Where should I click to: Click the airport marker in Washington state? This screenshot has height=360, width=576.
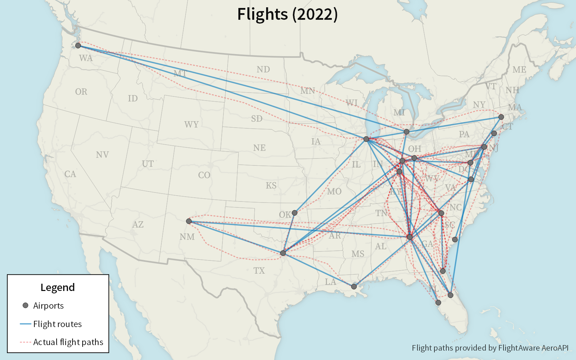[x=78, y=45]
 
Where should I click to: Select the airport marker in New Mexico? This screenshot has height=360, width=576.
[x=189, y=221]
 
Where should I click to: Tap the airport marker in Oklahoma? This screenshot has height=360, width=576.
[x=295, y=213]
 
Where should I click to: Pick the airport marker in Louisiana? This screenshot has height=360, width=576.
[x=354, y=286]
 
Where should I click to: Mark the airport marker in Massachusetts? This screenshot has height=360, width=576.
[x=501, y=117]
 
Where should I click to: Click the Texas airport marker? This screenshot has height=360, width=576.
[x=283, y=253]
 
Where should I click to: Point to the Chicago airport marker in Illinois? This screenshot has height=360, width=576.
[x=366, y=139]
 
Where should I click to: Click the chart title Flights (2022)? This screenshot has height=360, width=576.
[x=287, y=14]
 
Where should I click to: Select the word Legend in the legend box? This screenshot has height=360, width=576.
[x=58, y=287]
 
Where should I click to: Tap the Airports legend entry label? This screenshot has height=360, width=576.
[x=48, y=306]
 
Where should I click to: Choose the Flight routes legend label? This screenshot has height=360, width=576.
[x=57, y=324]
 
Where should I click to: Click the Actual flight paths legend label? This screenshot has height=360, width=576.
[x=68, y=342]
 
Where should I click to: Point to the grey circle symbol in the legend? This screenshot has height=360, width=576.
[x=25, y=305]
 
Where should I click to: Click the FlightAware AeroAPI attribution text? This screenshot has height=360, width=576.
[x=490, y=348]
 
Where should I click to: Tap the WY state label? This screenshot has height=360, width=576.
[x=192, y=125]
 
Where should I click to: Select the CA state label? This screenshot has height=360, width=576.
[x=70, y=174]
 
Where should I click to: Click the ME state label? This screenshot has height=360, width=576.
[x=519, y=70]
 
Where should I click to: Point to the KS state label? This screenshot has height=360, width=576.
[x=271, y=186]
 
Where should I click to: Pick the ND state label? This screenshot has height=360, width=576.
[x=263, y=69]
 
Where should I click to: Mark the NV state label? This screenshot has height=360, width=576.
[x=102, y=155]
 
